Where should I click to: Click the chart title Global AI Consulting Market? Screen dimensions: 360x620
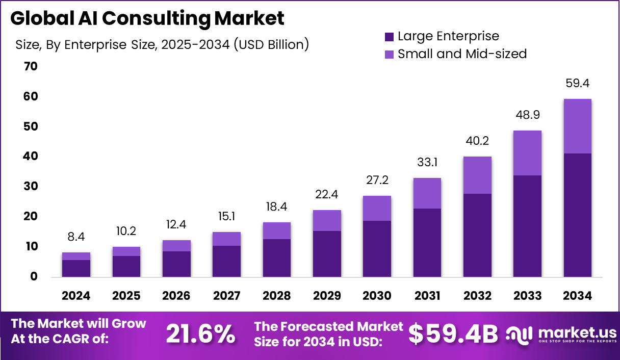[x=147, y=18]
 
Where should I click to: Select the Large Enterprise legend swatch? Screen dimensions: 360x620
[x=389, y=37]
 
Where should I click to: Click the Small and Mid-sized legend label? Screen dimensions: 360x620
[x=462, y=54]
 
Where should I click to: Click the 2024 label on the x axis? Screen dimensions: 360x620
[x=76, y=296]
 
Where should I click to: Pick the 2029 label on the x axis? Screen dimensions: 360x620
[x=327, y=296]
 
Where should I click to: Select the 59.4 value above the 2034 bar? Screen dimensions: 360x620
[x=577, y=83]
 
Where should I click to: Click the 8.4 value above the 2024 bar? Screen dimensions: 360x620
[x=76, y=237]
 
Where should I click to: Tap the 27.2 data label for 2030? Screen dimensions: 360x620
[x=377, y=180]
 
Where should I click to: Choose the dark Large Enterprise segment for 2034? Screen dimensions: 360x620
[x=577, y=215]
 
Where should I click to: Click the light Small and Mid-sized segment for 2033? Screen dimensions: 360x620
[x=527, y=153]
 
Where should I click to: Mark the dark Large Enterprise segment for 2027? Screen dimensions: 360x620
[x=226, y=261]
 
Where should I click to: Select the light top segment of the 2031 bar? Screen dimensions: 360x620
[x=427, y=193]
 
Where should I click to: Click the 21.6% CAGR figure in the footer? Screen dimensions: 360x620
[x=200, y=334]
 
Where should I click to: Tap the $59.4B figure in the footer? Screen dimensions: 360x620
[x=453, y=334]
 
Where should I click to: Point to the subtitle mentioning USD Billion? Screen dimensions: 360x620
[x=162, y=45]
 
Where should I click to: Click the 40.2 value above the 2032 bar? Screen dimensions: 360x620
[x=477, y=141]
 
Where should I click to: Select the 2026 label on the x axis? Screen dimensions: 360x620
[x=176, y=296]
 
